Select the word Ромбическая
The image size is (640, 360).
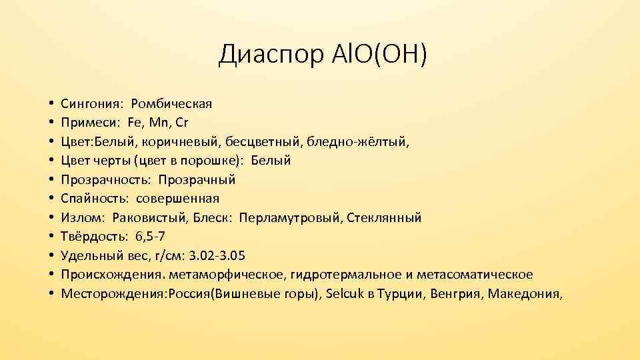[171, 104]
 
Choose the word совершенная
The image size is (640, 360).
[178, 199]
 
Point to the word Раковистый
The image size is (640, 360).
[143, 218]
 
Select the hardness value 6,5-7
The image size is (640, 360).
[150, 237]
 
